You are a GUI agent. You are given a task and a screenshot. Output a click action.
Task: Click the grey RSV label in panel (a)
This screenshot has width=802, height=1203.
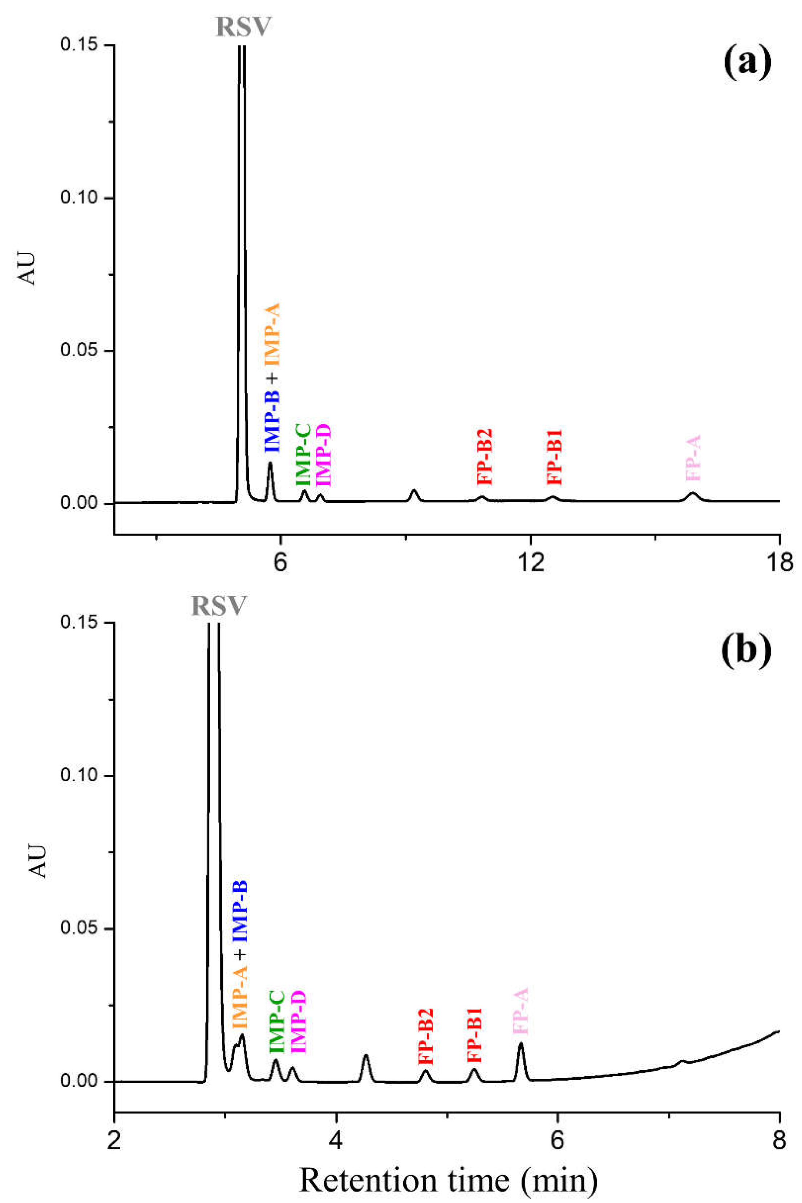[243, 27]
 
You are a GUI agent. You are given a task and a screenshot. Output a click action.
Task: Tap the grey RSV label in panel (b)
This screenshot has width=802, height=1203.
[219, 606]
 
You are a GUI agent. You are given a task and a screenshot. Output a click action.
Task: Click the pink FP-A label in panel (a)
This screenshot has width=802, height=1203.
[693, 458]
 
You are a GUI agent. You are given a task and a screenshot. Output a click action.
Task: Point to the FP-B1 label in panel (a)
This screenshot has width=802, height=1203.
[554, 458]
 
